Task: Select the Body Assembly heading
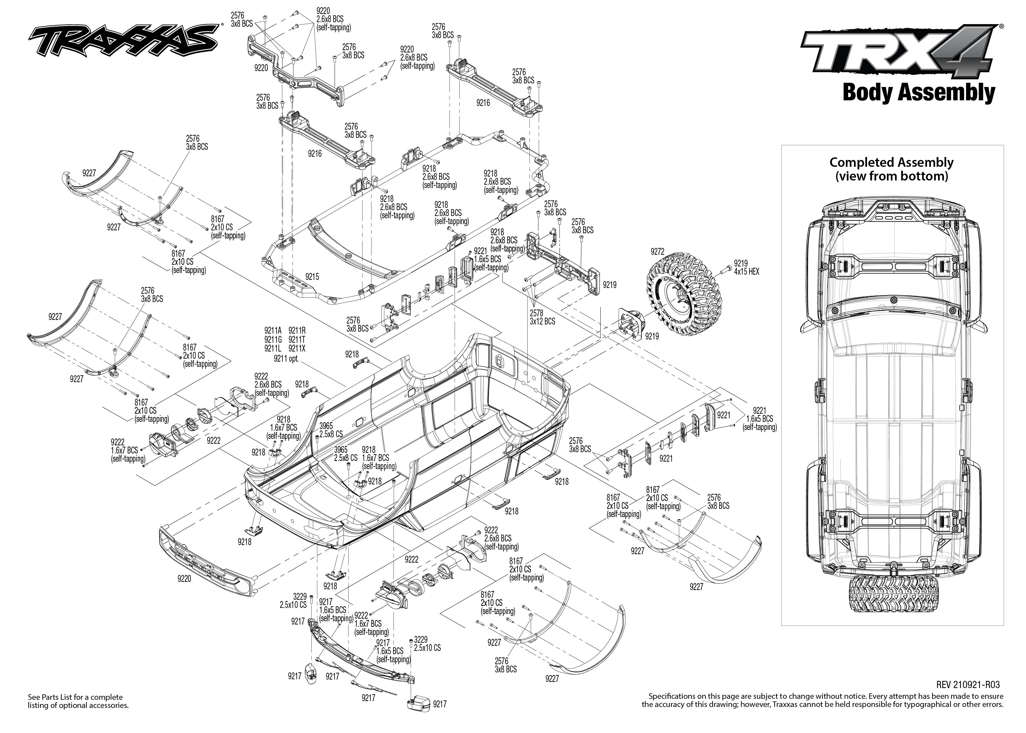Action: pos(918,93)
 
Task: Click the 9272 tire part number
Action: pos(657,252)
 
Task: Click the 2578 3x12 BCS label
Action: pos(542,317)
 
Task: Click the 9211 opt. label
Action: pos(286,359)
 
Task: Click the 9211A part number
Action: pos(273,330)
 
